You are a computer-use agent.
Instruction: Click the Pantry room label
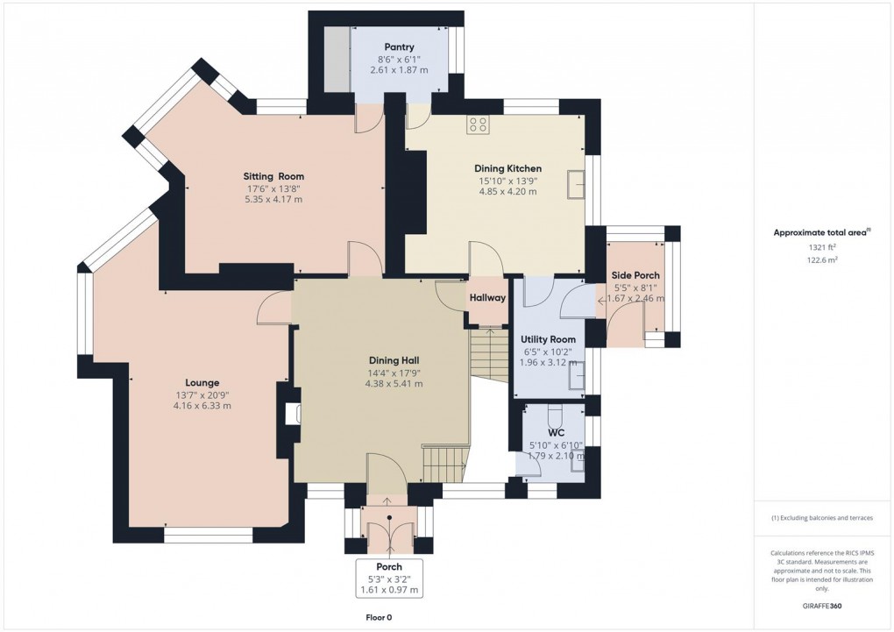pos(399,47)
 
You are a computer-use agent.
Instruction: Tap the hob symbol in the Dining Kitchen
pos(479,125)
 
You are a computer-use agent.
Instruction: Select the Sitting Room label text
pos(273,176)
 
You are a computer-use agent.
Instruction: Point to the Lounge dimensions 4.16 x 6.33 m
pos(202,406)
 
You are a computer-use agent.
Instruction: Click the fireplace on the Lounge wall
pos(290,414)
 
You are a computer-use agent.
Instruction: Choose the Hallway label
pos(487,298)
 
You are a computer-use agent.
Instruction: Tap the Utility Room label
pos(548,339)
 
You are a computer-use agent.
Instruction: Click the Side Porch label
pos(635,275)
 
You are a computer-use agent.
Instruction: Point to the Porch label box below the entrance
pos(389,579)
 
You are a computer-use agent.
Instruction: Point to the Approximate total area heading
pos(819,232)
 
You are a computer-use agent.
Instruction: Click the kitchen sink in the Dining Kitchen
pos(576,184)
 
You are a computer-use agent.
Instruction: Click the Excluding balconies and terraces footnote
pos(822,518)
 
